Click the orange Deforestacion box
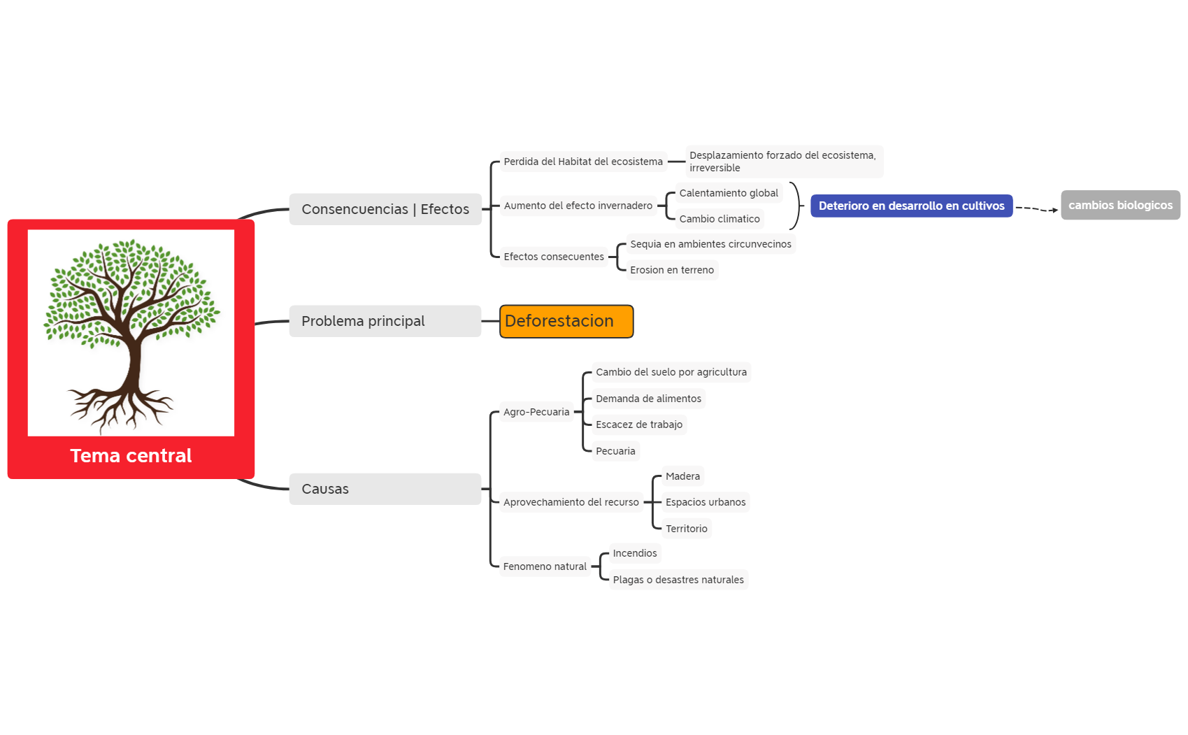click(x=566, y=322)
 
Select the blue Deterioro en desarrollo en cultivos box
click(x=911, y=206)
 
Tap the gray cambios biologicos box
click(x=1120, y=206)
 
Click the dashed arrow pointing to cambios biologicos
click(x=1036, y=209)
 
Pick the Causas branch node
click(x=385, y=490)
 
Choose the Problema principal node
click(x=385, y=322)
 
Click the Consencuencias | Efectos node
click(x=385, y=210)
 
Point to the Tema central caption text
click(x=131, y=456)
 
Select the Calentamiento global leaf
click(x=729, y=194)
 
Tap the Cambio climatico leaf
click(x=719, y=220)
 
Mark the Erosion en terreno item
click(x=672, y=271)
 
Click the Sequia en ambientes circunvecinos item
click(x=710, y=245)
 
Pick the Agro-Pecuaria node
click(x=536, y=413)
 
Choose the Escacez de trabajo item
click(x=639, y=425)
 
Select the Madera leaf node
click(x=682, y=477)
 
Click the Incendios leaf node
click(x=635, y=554)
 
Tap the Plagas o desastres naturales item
click(x=678, y=580)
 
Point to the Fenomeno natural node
click(x=545, y=567)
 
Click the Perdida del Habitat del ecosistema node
click(x=583, y=162)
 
